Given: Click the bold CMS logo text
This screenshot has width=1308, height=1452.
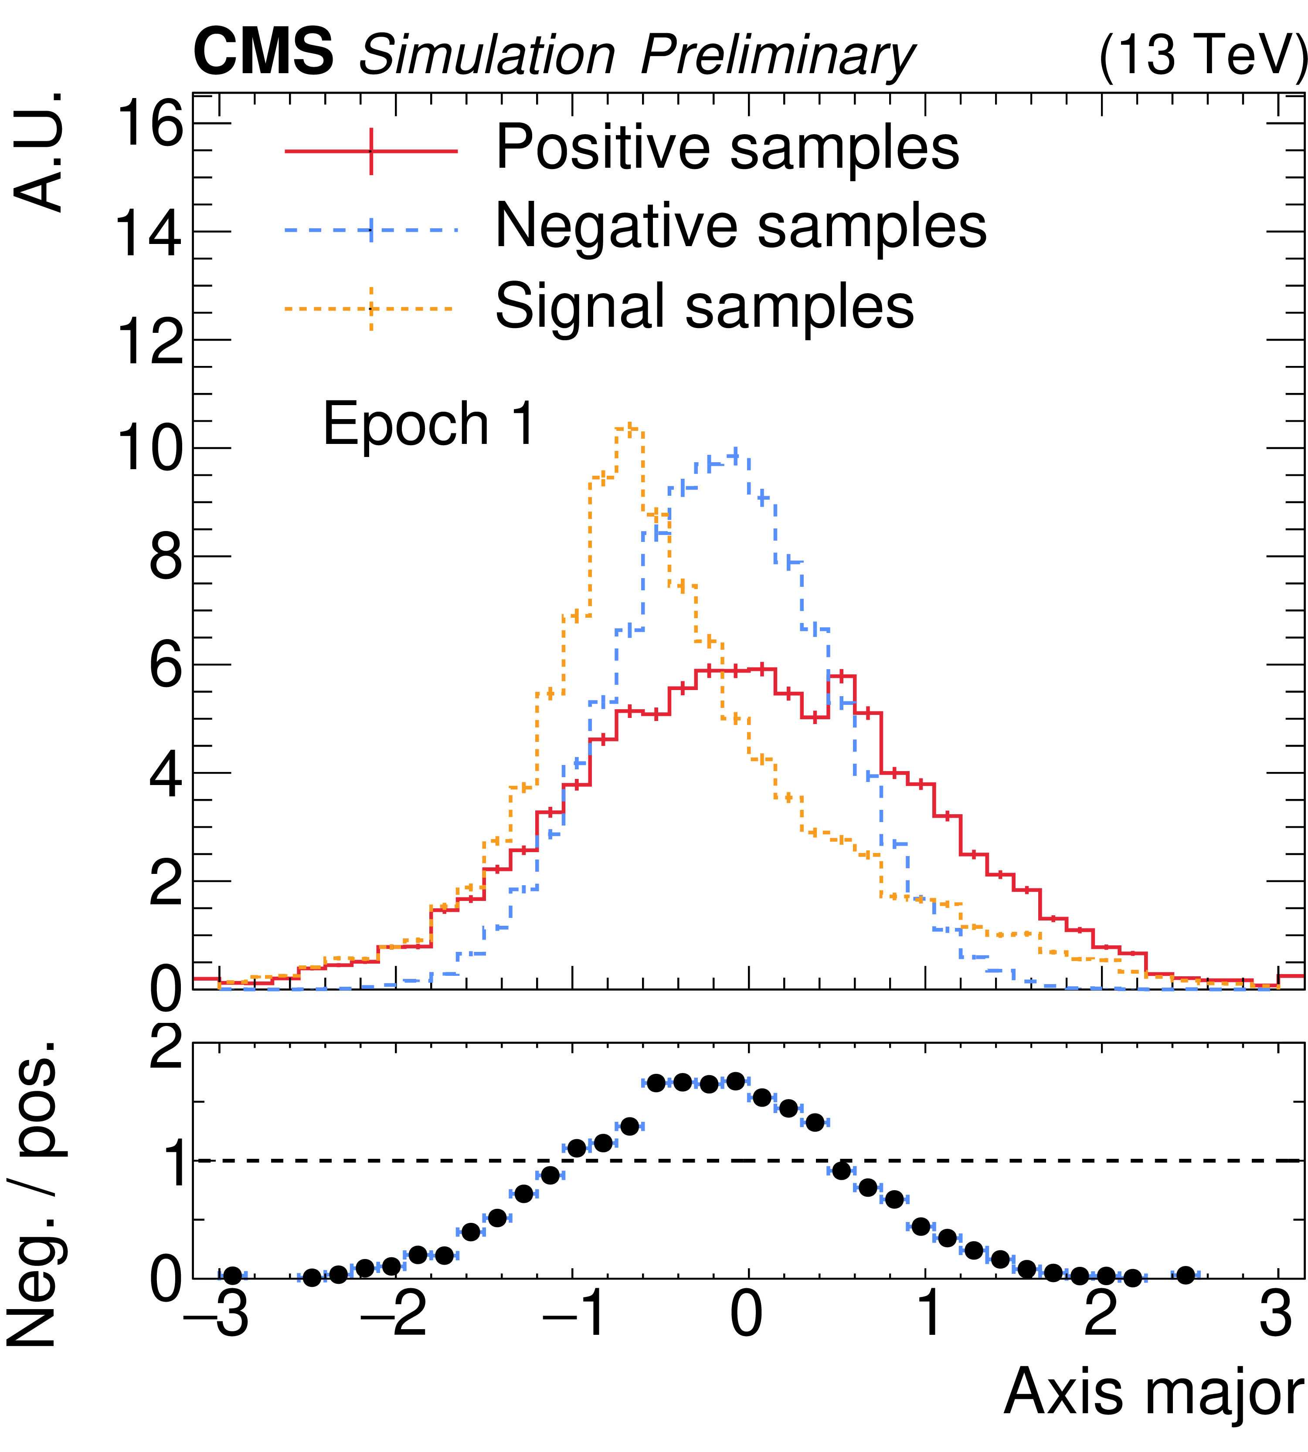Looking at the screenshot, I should (263, 52).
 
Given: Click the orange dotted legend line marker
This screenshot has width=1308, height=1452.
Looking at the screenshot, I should (371, 309).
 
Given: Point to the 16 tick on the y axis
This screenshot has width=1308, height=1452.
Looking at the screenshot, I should (149, 124).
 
